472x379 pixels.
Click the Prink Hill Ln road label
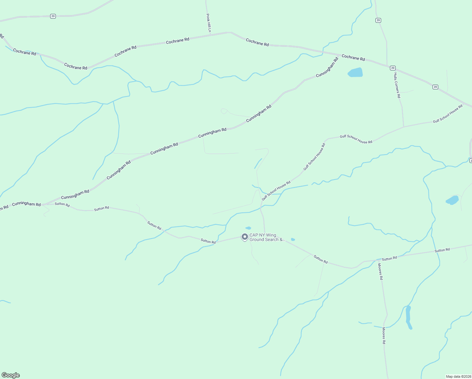[x=208, y=23]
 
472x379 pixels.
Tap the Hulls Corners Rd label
[x=397, y=85]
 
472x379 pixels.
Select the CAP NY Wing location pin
[x=245, y=237]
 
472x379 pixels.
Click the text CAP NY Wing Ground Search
[x=267, y=237]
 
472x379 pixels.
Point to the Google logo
[x=10, y=375]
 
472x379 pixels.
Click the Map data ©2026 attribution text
[x=458, y=376]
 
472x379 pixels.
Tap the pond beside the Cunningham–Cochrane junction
[x=355, y=72]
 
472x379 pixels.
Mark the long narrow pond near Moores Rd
[x=408, y=317]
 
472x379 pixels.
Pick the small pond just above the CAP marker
[x=248, y=228]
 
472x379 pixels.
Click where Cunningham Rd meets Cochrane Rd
[x=339, y=56]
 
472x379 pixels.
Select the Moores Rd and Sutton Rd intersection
[x=378, y=260]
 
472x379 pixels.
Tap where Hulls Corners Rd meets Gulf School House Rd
[x=404, y=127]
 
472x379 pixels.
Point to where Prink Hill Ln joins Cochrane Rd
[x=210, y=35]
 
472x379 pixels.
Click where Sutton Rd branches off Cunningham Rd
[x=43, y=205]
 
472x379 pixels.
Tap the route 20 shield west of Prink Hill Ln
[x=53, y=16]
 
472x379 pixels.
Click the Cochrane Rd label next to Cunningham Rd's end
[x=353, y=58]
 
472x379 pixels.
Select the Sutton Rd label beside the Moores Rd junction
[x=389, y=258]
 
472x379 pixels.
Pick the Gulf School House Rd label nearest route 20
[x=447, y=114]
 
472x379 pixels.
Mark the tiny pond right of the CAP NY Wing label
[x=293, y=239]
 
